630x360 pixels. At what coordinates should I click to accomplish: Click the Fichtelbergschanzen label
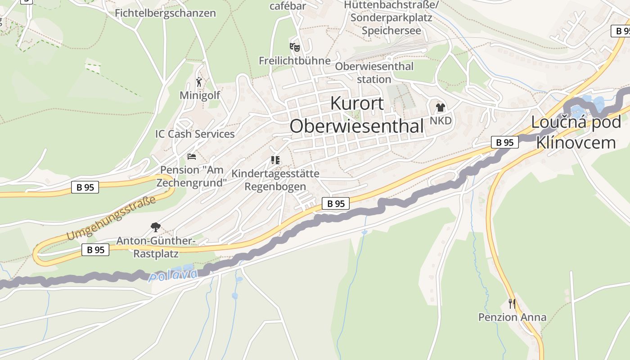[x=165, y=13]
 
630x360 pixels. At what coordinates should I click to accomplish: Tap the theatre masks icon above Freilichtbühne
[x=294, y=47]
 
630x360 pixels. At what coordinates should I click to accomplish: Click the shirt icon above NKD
[x=440, y=108]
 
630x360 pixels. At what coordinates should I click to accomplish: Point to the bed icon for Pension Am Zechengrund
[x=192, y=157]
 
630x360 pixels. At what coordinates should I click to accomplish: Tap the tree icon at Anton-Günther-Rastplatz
[x=156, y=227]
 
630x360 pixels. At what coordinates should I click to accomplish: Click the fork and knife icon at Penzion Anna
[x=512, y=303]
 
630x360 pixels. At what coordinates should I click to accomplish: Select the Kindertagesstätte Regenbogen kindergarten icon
[x=275, y=160]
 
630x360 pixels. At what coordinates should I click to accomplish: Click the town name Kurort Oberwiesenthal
[x=357, y=115]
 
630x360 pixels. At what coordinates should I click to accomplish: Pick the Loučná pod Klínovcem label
[x=576, y=132]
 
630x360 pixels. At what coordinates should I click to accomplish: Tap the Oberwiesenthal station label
[x=374, y=72]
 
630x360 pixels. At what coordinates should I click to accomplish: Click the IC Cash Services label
[x=195, y=134]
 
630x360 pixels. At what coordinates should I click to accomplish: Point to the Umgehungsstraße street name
[x=111, y=218]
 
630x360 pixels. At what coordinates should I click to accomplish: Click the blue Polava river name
[x=173, y=275]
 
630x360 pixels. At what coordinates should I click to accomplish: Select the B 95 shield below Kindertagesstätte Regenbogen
[x=336, y=203]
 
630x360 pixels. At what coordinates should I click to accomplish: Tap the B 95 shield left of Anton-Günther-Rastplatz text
[x=95, y=250]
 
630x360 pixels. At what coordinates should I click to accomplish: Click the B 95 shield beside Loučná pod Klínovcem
[x=504, y=142]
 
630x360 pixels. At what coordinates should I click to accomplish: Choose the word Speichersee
[x=391, y=31]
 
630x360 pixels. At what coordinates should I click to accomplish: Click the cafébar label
[x=288, y=6]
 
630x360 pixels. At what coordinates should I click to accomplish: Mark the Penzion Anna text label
[x=512, y=317]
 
